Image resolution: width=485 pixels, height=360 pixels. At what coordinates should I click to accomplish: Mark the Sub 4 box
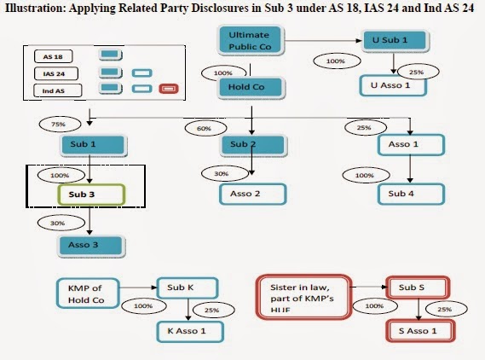click(x=409, y=194)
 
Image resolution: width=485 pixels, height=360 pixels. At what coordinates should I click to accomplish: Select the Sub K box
click(x=186, y=287)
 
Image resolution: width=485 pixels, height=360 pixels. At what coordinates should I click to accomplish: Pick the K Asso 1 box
click(x=187, y=330)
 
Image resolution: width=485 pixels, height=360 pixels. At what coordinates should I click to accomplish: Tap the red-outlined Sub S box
click(x=418, y=287)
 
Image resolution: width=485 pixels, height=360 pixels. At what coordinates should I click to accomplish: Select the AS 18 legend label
click(x=52, y=56)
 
